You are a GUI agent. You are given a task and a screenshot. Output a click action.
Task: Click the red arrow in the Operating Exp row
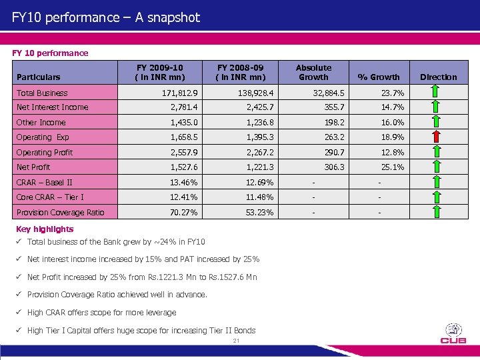pyautogui.click(x=436, y=137)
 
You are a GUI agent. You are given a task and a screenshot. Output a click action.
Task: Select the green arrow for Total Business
pyautogui.click(x=436, y=93)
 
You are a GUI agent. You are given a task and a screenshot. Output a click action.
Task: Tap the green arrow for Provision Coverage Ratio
pyautogui.click(x=436, y=213)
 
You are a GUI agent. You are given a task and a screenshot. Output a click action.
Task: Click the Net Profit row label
pyautogui.click(x=33, y=167)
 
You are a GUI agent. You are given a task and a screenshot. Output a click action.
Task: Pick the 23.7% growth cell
pyautogui.click(x=393, y=93)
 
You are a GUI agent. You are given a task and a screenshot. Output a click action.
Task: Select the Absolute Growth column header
pyautogui.click(x=313, y=72)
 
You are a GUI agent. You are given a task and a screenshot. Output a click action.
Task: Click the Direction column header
pyautogui.click(x=438, y=77)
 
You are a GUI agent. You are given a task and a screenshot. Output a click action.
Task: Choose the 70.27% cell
pyautogui.click(x=183, y=213)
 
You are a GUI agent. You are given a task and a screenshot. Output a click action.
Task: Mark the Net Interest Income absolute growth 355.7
pyautogui.click(x=333, y=107)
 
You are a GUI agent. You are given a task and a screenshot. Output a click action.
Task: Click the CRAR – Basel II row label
pyautogui.click(x=44, y=183)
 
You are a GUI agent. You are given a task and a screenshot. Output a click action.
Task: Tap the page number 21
pyautogui.click(x=236, y=341)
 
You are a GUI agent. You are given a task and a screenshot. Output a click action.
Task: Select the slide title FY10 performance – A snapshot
pyautogui.click(x=106, y=17)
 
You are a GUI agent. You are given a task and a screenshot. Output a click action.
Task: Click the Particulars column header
pyautogui.click(x=38, y=77)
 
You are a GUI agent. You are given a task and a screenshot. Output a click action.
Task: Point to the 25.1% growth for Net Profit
pyautogui.click(x=393, y=167)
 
